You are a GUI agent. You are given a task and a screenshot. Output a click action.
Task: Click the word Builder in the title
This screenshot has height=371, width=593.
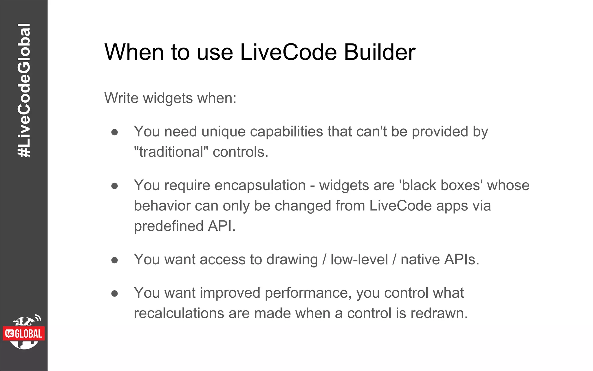click(380, 52)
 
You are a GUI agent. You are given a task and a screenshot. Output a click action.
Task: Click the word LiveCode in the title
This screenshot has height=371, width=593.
click(288, 52)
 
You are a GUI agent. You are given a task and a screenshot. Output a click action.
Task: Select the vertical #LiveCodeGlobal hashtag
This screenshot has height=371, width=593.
click(24, 90)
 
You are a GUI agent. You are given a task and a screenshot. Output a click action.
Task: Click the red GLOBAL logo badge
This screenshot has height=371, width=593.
click(24, 334)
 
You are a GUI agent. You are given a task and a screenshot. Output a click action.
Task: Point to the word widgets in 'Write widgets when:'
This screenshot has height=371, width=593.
click(168, 98)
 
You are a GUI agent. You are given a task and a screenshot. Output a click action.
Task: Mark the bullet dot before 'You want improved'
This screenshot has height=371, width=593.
click(115, 294)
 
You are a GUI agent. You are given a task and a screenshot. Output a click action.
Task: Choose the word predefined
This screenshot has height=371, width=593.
click(169, 226)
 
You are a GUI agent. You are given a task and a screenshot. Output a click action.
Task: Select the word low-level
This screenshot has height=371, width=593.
click(359, 260)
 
